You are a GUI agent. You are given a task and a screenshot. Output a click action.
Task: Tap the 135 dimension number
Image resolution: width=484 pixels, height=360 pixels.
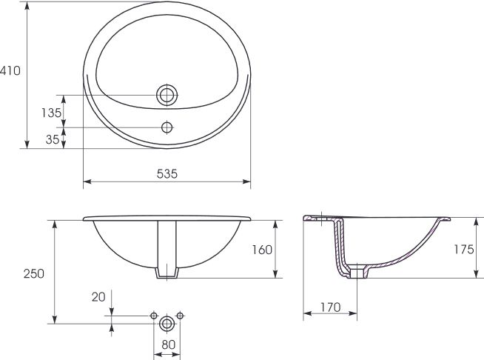(x=51, y=113)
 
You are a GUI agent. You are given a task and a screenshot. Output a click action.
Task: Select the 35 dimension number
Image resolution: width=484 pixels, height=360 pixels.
(x=51, y=138)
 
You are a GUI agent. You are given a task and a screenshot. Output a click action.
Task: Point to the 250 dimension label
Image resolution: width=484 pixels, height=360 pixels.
(x=33, y=273)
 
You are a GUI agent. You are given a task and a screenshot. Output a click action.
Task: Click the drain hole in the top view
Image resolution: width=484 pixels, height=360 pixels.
(x=167, y=96)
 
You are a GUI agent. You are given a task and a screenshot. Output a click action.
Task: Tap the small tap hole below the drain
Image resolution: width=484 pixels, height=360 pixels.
(x=167, y=127)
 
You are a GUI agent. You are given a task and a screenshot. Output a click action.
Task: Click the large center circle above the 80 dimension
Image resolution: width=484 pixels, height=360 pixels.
(x=167, y=322)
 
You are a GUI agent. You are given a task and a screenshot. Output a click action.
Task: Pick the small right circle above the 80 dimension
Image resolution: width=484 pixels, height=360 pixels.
(x=180, y=316)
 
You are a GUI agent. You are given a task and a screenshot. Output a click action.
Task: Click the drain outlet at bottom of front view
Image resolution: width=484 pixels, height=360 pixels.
(x=167, y=273)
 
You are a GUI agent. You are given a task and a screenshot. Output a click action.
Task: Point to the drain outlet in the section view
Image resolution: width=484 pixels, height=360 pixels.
(x=357, y=273)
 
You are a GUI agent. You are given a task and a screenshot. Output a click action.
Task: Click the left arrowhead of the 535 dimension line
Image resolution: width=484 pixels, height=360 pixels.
(x=86, y=181)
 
